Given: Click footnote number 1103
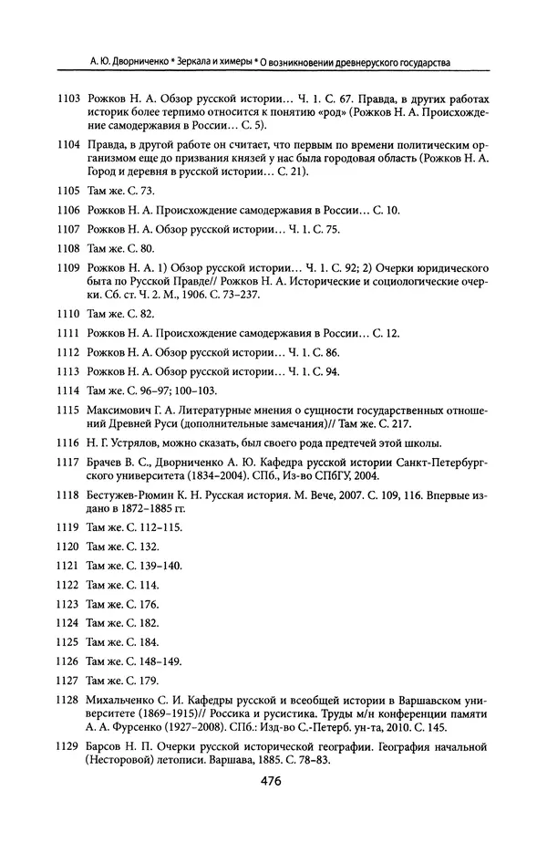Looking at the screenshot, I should (67, 98).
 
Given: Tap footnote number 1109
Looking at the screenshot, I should (67, 270).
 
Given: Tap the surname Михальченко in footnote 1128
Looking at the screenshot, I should (126, 701).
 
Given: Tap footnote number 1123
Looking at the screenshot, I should (67, 605).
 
